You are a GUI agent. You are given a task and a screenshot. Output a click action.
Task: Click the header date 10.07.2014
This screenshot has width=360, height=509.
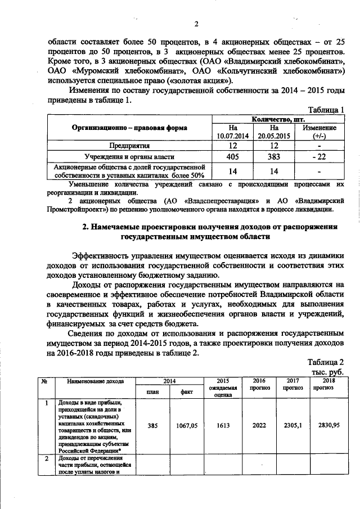[234, 136]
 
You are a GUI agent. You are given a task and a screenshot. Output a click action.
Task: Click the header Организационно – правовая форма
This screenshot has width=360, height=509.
[129, 128]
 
